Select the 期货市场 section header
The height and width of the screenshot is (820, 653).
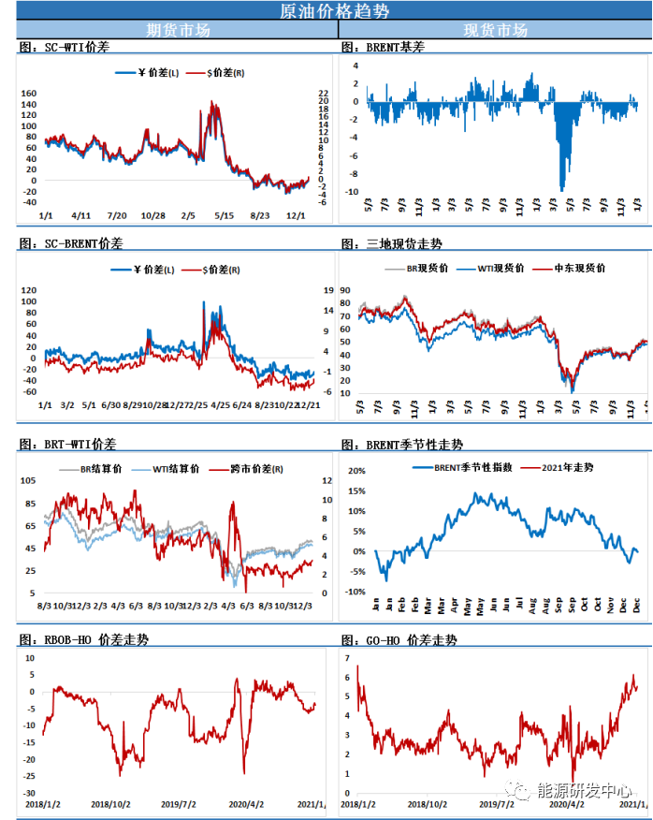[x=179, y=30]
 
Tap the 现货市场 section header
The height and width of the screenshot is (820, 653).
[x=496, y=30]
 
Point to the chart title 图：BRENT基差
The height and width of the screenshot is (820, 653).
[x=383, y=47]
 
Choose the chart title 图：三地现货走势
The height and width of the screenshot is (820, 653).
[x=391, y=243]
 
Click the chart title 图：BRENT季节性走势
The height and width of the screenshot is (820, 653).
[x=401, y=445]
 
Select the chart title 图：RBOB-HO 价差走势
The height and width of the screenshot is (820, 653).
[x=83, y=639]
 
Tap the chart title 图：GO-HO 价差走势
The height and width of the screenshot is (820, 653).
[x=399, y=639]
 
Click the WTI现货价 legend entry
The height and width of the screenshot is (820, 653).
[x=501, y=268]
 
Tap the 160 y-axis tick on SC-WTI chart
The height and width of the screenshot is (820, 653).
[x=28, y=94]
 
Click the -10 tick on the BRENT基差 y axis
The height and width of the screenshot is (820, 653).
[x=352, y=192]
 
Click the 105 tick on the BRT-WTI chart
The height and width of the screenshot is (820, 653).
[x=27, y=480]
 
